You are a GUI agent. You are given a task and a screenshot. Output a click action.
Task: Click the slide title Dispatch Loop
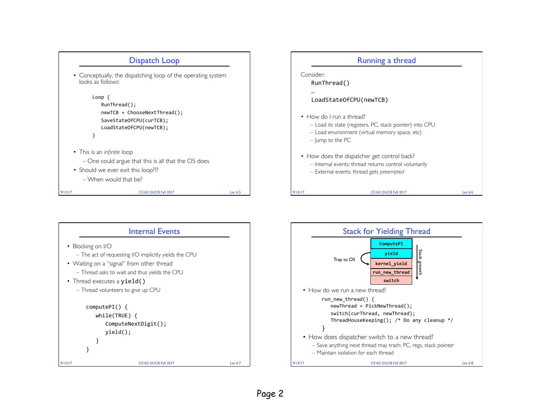click(x=154, y=60)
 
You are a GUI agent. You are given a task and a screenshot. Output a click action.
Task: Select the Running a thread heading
click(x=386, y=60)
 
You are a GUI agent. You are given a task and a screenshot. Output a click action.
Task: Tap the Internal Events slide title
click(x=154, y=231)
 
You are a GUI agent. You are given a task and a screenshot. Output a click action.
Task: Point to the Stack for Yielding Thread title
click(x=386, y=231)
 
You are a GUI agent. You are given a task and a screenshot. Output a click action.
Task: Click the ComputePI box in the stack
click(x=391, y=244)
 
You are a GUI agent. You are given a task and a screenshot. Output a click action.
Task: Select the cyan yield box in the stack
click(x=391, y=254)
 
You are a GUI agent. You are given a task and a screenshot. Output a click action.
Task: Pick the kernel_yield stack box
click(x=391, y=264)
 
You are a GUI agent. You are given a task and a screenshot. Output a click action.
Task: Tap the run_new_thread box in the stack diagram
click(x=391, y=272)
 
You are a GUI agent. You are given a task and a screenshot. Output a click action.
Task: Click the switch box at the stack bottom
click(x=391, y=281)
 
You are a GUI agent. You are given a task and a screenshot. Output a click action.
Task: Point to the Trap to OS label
click(x=344, y=260)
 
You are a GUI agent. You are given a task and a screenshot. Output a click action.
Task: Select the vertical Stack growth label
click(x=420, y=262)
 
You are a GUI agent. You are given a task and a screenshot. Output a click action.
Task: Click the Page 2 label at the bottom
click(x=270, y=394)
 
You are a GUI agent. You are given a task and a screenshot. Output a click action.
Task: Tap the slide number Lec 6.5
click(x=235, y=192)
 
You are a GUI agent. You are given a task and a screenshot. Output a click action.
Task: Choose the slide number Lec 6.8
click(x=467, y=363)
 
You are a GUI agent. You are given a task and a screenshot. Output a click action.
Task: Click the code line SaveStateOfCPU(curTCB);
click(x=134, y=120)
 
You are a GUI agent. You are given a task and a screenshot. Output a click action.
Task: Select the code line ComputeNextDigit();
click(x=136, y=324)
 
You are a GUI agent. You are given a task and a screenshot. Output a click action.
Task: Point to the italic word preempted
click(x=392, y=172)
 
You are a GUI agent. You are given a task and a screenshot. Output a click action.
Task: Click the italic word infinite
click(x=112, y=152)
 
